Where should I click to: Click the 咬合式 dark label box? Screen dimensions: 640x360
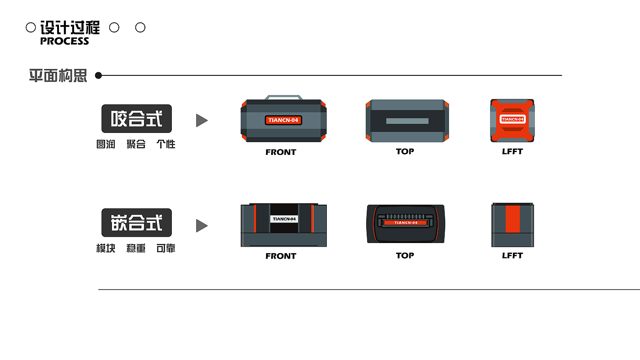[137, 118]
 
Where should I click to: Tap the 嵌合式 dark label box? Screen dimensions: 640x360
[137, 222]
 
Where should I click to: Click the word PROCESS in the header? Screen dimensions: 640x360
[64, 41]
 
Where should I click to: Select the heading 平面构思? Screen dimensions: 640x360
[58, 76]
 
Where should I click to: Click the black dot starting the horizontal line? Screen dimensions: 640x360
[98, 75]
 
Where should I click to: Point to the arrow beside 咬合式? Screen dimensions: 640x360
[202, 120]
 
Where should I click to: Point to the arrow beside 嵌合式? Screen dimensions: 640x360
[202, 226]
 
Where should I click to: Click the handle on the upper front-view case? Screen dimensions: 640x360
[284, 97]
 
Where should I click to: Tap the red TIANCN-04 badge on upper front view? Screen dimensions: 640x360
[283, 120]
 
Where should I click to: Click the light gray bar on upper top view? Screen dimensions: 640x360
[407, 121]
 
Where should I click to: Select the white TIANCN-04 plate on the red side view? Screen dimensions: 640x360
[512, 119]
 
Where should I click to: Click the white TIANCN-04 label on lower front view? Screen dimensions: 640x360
[284, 219]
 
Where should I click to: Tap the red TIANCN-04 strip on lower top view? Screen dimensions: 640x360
[406, 222]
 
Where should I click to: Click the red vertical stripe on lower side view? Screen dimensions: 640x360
[512, 219]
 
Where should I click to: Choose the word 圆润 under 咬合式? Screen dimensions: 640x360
[106, 144]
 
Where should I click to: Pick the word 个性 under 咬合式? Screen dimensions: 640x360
[166, 144]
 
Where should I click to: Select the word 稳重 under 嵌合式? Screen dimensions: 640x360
[136, 249]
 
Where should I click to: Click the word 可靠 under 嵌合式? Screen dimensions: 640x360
[166, 249]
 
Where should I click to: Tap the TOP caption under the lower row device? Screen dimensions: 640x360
[405, 255]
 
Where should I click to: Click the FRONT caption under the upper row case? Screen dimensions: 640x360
[281, 152]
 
